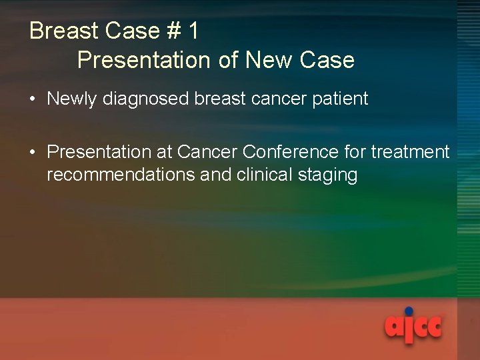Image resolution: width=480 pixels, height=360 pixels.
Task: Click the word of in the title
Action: [229, 60]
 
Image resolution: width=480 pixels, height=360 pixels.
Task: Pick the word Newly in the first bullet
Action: [70, 99]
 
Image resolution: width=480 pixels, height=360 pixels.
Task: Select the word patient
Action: [343, 99]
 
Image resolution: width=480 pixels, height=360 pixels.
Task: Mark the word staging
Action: [334, 175]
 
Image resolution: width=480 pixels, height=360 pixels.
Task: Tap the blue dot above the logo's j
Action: [409, 311]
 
